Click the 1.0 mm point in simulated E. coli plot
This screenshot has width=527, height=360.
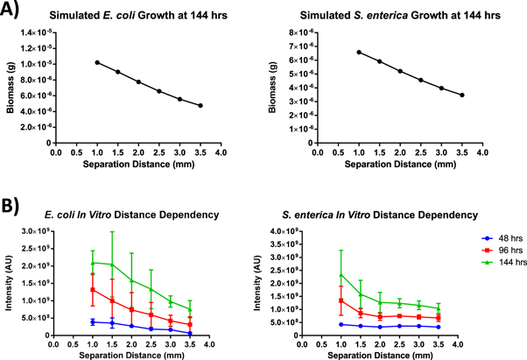pyautogui.click(x=97, y=62)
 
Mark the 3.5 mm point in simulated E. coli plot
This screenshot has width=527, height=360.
pyautogui.click(x=200, y=105)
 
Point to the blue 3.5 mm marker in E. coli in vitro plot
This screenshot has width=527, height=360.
pyautogui.click(x=190, y=333)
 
